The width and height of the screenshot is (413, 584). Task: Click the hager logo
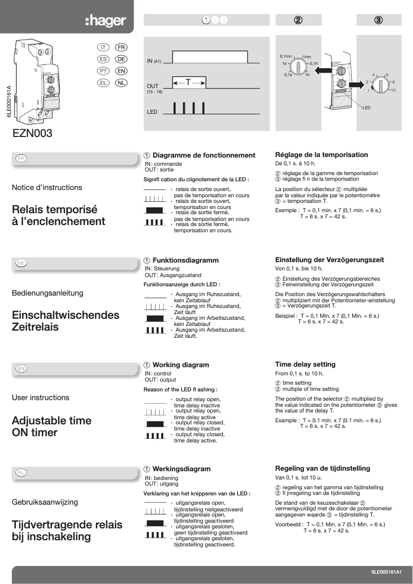coord(106,21)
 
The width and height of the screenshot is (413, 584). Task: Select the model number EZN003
coord(32,133)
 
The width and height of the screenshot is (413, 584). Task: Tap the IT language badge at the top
coord(102,47)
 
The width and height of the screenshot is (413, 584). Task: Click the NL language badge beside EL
coord(122,82)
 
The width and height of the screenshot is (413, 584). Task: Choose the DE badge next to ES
coord(122,59)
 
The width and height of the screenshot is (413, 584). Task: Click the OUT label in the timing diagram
coord(152,86)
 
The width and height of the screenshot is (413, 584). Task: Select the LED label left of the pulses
coord(152,112)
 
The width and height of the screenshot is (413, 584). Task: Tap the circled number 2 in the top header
coord(298,20)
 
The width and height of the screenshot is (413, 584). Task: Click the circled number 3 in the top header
coord(378,20)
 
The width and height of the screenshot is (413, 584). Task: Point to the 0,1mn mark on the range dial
coord(285,56)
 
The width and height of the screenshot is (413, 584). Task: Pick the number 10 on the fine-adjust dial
coord(393,91)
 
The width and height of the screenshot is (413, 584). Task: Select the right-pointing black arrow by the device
coord(356,84)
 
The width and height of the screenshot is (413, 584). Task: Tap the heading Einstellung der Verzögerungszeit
coord(329,260)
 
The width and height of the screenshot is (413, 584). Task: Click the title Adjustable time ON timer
coord(51,426)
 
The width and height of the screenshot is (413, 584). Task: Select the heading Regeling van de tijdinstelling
coord(322,469)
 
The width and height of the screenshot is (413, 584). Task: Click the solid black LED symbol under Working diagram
coord(154,423)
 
